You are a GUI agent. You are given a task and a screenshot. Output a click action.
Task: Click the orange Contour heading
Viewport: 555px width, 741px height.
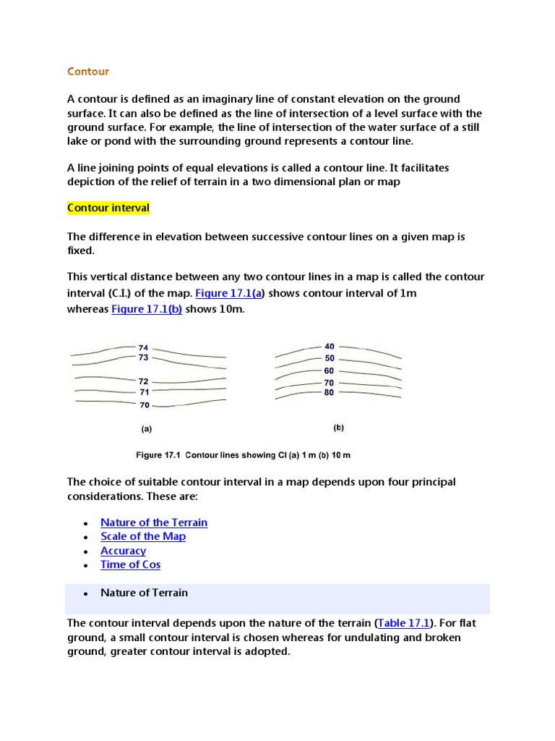click(88, 71)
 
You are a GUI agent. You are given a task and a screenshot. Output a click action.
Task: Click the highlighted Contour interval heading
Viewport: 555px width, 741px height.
click(108, 208)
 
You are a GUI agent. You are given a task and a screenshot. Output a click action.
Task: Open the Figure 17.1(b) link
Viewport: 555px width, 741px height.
click(147, 309)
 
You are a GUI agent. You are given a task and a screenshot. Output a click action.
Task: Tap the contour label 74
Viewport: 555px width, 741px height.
click(143, 348)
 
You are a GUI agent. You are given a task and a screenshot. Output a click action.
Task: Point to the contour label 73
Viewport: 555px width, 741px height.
click(143, 357)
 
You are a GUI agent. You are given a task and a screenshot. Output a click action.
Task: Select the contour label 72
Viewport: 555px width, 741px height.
click(143, 381)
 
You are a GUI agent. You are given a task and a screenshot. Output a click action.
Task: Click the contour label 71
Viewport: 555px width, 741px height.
click(144, 392)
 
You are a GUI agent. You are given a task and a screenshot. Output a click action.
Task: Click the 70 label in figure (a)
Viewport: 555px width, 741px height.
click(145, 405)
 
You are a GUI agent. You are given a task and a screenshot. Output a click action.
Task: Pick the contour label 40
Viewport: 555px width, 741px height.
click(330, 347)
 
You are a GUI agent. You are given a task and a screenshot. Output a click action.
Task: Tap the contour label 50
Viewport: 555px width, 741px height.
click(330, 358)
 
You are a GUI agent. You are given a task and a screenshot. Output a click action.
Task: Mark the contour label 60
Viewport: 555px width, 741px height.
click(330, 370)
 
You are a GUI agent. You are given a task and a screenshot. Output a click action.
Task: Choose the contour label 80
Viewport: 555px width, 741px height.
click(330, 393)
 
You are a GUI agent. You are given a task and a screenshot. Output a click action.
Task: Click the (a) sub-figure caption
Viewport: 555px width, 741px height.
click(147, 428)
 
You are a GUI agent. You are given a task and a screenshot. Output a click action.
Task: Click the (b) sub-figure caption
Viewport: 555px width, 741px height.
click(339, 428)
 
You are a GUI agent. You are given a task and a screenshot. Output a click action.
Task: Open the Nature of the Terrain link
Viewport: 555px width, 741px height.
click(154, 522)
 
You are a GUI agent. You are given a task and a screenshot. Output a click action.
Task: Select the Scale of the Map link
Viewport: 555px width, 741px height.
click(143, 536)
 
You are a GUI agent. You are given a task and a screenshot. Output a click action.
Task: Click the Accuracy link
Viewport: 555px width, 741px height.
click(123, 551)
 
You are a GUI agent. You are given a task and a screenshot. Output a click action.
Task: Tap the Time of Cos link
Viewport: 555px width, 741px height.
click(130, 564)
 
